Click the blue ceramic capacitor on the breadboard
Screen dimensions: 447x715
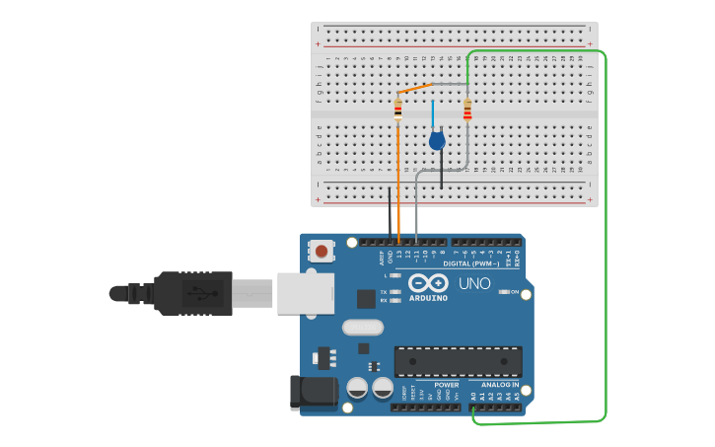(x=437, y=141)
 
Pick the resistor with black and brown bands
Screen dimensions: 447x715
(x=397, y=111)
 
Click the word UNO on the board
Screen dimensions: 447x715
(x=474, y=284)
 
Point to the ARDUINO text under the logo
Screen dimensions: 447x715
(x=428, y=297)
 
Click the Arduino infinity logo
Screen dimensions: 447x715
(x=430, y=282)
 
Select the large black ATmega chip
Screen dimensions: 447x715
(x=458, y=361)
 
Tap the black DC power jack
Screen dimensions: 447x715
(x=308, y=392)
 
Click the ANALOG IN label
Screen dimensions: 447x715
(x=500, y=385)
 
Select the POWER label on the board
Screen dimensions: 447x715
(x=446, y=385)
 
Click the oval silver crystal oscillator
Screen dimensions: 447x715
(x=362, y=327)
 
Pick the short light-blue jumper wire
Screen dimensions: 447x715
(x=432, y=113)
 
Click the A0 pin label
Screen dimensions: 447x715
(x=473, y=396)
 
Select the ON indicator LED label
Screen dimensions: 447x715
(x=514, y=292)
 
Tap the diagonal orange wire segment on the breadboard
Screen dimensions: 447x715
(x=415, y=89)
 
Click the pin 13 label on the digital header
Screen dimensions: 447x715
(x=399, y=256)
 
